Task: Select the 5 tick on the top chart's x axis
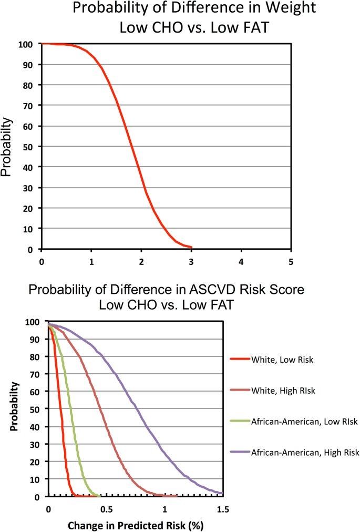point(291,261)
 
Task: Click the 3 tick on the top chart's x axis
point(191,261)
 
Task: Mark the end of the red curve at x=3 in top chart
point(191,247)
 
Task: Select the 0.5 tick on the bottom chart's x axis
point(107,509)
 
